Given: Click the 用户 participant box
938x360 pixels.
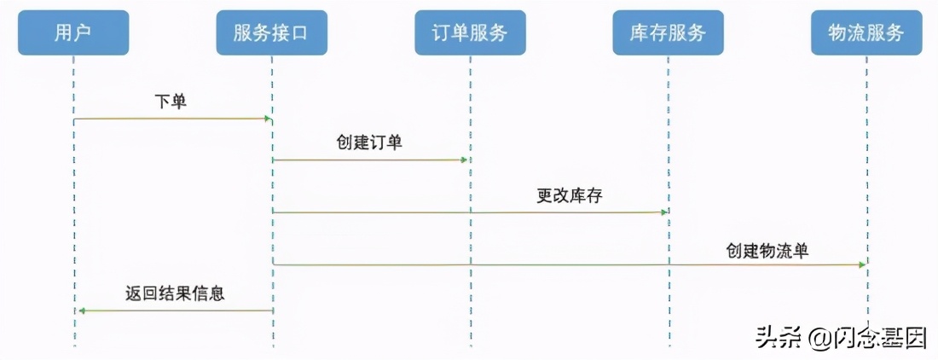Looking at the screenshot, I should click(73, 32).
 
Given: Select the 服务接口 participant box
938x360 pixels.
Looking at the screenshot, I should click(271, 32).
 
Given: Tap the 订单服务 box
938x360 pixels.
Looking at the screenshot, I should click(470, 32).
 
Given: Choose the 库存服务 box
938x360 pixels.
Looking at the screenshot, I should click(668, 32).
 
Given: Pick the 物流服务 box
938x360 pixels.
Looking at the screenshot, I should click(866, 32).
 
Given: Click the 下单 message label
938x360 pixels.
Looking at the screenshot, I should click(171, 102).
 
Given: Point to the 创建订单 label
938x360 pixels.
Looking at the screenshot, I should click(369, 142).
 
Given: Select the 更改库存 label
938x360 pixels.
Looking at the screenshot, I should click(570, 195).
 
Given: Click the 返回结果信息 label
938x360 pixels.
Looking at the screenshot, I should click(175, 293).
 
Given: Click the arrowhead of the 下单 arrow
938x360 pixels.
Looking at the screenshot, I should click(268, 119).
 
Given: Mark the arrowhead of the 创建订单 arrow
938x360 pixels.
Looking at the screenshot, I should click(466, 160).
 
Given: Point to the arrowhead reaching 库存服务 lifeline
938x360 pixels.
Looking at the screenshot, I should click(664, 212).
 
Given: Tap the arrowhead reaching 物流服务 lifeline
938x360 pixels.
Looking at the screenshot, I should click(862, 265).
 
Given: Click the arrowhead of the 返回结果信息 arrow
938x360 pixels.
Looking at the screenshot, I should click(81, 311).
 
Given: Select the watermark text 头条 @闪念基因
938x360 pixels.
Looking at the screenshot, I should click(840, 339).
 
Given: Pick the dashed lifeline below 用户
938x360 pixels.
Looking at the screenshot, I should click(74, 213).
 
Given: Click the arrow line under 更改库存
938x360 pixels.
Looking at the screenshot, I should click(469, 212).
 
